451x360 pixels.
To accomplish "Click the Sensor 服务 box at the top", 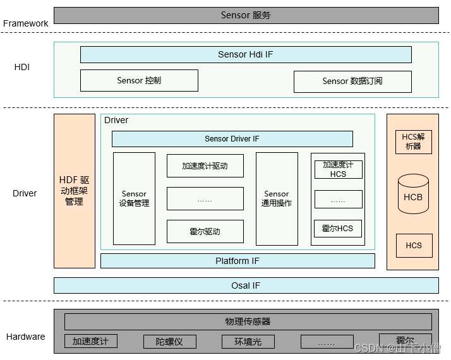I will tap(246, 15).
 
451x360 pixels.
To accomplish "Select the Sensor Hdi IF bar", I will tap(246, 54).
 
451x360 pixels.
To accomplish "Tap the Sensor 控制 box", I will tap(139, 80).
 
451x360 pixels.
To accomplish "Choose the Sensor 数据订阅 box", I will tap(352, 81).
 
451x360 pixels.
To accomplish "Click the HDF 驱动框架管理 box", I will tap(74, 191).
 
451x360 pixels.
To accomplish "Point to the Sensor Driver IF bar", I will tap(232, 139).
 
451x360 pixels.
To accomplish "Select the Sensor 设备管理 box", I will tap(134, 198).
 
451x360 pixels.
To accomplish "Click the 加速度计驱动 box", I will tap(205, 166).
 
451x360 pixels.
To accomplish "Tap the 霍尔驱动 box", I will tap(205, 231).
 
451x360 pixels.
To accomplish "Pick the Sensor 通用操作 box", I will tap(277, 198).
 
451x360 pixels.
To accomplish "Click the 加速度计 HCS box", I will tap(338, 169).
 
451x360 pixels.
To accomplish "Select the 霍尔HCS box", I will tap(338, 228).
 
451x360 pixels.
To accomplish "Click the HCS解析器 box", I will tap(412, 141).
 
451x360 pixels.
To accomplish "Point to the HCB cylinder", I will tap(413, 196).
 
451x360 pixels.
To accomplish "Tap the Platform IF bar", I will tap(238, 261).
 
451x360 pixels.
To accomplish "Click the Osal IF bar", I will tap(246, 285).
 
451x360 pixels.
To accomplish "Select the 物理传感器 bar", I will tap(248, 321).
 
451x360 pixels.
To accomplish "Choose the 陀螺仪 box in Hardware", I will tap(169, 342).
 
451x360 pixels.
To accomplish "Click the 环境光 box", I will tap(248, 342).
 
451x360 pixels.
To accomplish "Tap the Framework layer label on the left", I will tap(26, 23).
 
